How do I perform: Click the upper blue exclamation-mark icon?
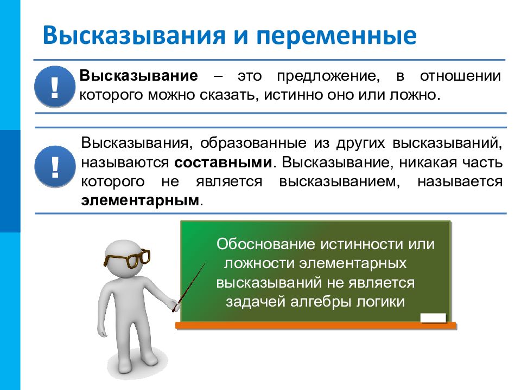tap(54, 87)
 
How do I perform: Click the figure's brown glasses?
tap(128, 259)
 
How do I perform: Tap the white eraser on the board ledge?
tap(433, 317)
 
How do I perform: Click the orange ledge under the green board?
tap(315, 325)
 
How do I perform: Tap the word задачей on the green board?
tap(253, 302)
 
